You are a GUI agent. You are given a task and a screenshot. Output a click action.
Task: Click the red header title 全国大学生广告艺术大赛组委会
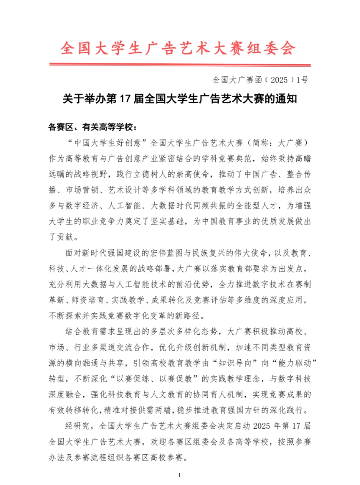[178, 48]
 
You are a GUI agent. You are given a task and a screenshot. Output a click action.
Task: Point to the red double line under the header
[180, 65]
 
